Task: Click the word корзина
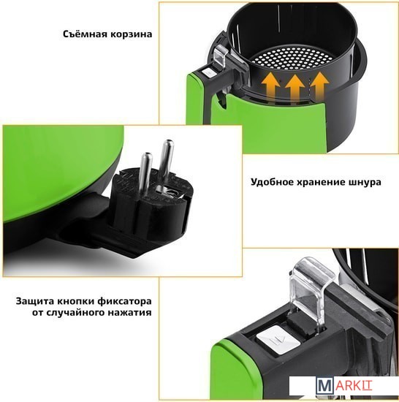tap(132, 34)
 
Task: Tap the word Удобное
tap(272, 182)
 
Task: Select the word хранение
tap(321, 182)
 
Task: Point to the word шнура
tap(365, 183)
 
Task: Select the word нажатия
tap(129, 313)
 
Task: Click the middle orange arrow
tap(295, 87)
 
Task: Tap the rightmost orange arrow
tap(319, 86)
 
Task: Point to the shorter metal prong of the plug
tap(144, 175)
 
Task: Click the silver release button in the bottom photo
tap(278, 339)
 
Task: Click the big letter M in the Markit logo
tap(325, 387)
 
